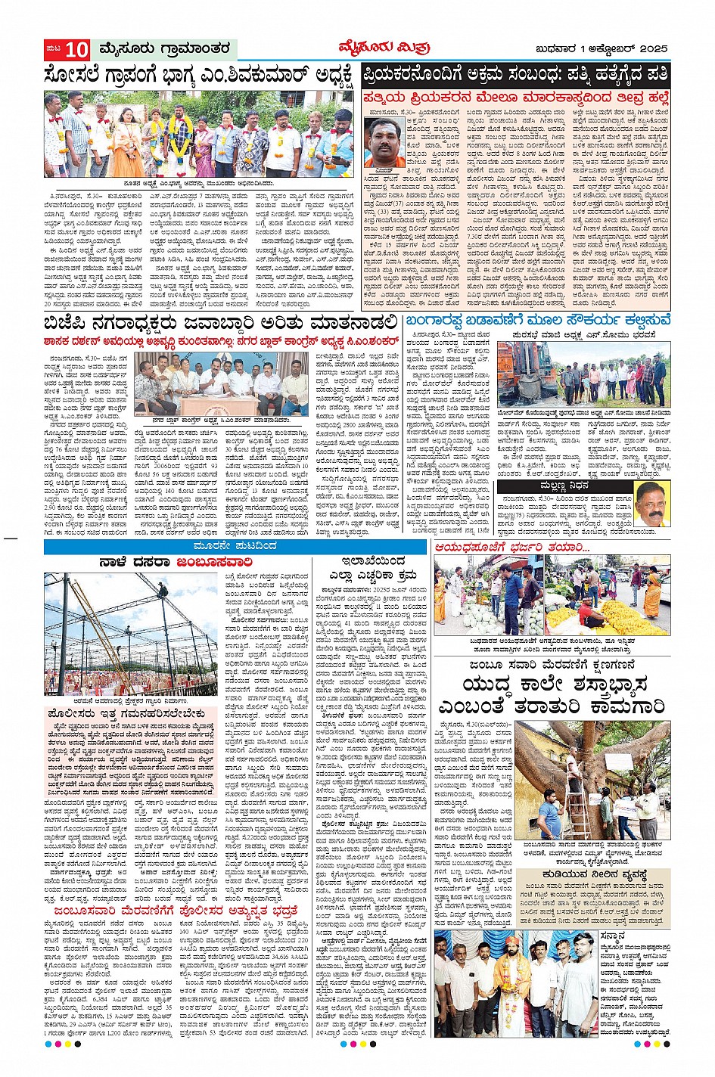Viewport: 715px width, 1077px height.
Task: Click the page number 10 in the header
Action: [76, 50]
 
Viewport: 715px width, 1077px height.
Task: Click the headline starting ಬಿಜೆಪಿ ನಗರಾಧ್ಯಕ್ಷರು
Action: [220, 323]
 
